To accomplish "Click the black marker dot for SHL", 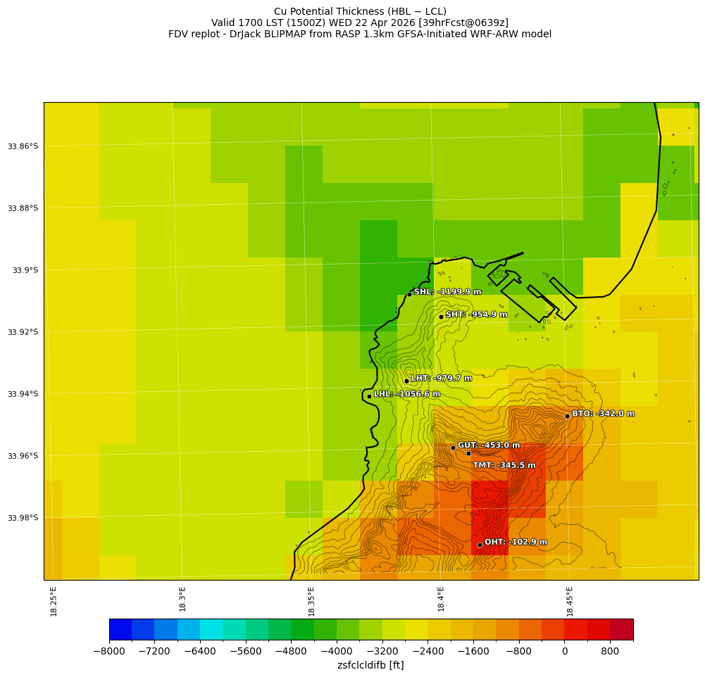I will (409, 294).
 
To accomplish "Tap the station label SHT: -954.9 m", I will (476, 315).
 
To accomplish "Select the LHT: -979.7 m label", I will (442, 379).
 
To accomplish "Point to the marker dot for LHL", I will (369, 396).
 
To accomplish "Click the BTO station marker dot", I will (567, 416).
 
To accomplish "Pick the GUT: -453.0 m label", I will (489, 445).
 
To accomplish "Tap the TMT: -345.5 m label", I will (504, 465).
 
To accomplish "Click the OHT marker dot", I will (480, 545).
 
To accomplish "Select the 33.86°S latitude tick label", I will (23, 146).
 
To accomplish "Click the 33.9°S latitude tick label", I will (25, 270).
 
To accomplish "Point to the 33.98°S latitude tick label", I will (23, 518).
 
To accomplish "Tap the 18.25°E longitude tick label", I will (54, 601).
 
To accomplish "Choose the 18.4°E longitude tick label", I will (441, 601).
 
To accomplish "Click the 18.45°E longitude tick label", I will (570, 601).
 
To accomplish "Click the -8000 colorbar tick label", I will (109, 652).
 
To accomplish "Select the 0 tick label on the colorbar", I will (565, 652).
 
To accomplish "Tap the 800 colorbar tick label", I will (610, 652).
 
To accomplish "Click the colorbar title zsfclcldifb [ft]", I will (370, 665).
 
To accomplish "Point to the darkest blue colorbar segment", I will (120, 629).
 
